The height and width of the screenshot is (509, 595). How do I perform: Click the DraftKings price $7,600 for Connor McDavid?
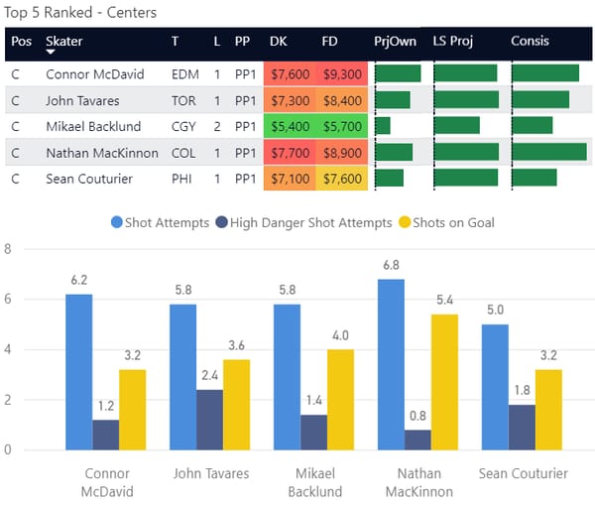pos(290,74)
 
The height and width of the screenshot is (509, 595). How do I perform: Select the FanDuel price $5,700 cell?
pos(342,127)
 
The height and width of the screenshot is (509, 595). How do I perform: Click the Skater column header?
pos(64,42)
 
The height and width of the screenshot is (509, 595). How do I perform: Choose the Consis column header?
pos(530,42)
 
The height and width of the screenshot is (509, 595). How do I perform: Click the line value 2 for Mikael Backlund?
pos(217,127)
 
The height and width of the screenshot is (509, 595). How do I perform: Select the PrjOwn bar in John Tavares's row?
pos(393,100)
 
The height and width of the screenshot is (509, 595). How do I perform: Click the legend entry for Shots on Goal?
pos(444,223)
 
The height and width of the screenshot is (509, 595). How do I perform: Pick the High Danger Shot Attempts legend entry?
pos(303,223)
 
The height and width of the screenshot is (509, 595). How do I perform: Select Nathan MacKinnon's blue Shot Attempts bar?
pos(391,364)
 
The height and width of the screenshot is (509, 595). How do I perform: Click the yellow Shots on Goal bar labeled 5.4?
pos(444,382)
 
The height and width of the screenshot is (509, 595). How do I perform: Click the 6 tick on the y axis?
pos(8,299)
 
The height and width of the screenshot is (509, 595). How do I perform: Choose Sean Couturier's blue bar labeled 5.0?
pos(495,387)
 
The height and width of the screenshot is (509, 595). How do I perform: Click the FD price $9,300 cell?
pos(342,74)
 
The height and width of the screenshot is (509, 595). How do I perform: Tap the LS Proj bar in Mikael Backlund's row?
pos(457,126)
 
